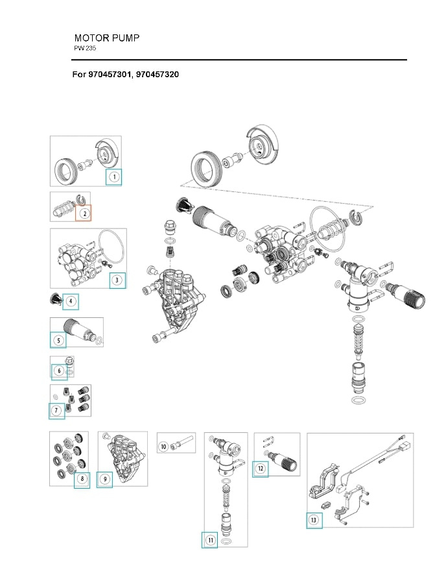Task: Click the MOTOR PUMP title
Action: tap(106, 38)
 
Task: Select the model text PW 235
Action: tap(85, 49)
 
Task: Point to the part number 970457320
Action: tap(158, 75)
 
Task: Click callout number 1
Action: tap(113, 176)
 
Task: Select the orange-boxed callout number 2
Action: tap(84, 213)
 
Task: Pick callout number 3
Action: tap(117, 280)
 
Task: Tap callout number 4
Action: tap(71, 301)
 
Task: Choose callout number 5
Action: tap(58, 339)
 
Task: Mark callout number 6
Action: tap(59, 371)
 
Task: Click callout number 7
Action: tap(56, 410)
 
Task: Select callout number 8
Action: tap(82, 480)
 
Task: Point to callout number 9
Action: tap(105, 480)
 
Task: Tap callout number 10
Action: tap(164, 446)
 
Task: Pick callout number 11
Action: tap(210, 540)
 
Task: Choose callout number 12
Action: tap(260, 468)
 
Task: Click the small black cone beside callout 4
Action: tap(56, 298)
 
